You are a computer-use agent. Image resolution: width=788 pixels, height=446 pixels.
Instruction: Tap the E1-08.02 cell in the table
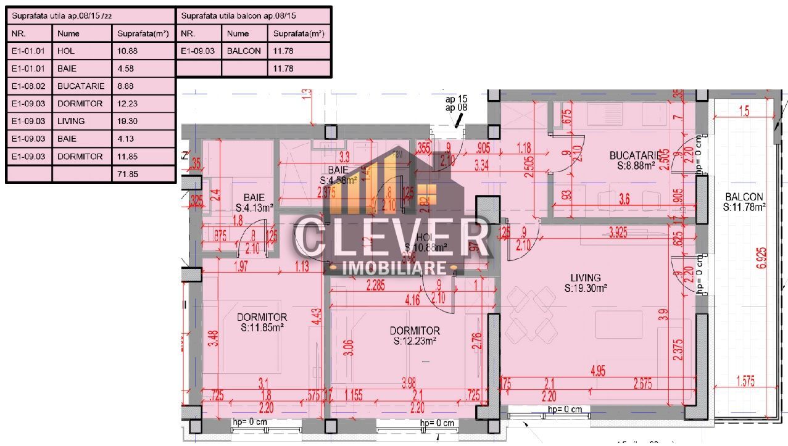30,86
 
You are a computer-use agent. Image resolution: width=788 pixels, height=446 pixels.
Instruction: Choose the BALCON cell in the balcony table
244,51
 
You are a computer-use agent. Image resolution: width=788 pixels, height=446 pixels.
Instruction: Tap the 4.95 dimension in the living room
597,371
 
